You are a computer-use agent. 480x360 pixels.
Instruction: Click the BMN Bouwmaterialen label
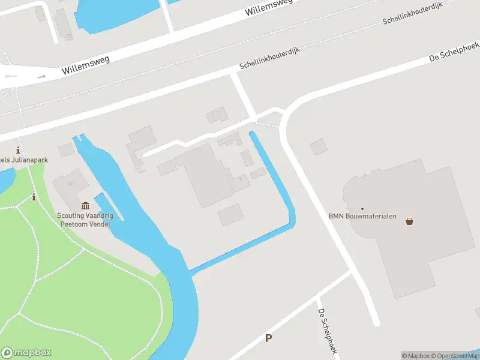click(362, 216)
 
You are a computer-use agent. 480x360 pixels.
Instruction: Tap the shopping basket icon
click(410, 221)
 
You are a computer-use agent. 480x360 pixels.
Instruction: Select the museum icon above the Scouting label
click(85, 206)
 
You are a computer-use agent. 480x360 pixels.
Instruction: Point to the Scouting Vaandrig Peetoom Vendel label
click(85, 220)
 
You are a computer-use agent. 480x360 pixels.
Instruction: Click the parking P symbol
click(268, 338)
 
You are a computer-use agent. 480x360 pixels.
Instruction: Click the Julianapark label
click(24, 160)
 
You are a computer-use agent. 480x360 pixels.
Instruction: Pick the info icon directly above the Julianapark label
click(19, 150)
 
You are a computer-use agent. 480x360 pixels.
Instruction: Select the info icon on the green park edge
click(34, 197)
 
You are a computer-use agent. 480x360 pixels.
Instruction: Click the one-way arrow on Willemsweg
click(41, 77)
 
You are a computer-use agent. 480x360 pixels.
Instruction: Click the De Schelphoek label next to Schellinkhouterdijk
click(454, 52)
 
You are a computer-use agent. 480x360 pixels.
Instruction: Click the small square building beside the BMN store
click(319, 146)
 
